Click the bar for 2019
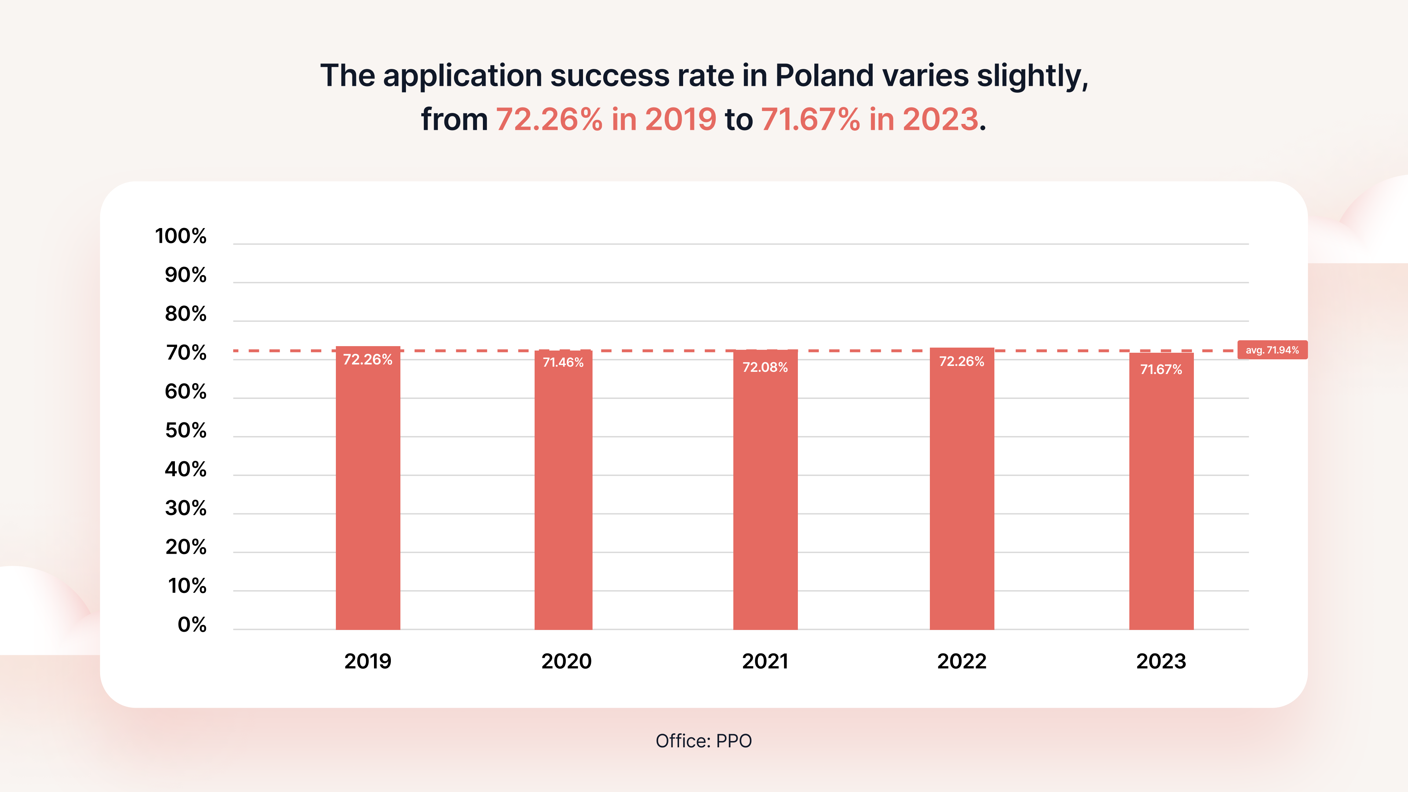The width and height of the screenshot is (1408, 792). (x=368, y=492)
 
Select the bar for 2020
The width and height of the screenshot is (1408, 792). (x=563, y=492)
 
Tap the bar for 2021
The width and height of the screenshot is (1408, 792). (x=765, y=492)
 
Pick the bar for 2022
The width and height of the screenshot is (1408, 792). (x=961, y=492)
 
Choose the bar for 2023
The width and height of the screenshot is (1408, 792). (x=1161, y=492)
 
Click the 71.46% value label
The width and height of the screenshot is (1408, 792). (x=563, y=362)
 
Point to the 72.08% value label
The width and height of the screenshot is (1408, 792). (x=765, y=367)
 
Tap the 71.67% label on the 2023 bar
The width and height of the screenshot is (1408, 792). (x=1161, y=370)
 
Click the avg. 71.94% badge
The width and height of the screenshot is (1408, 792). (x=1272, y=350)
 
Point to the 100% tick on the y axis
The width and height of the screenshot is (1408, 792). (x=181, y=236)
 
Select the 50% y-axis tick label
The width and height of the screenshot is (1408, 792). (x=186, y=431)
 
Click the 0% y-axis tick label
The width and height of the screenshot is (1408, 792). (x=192, y=625)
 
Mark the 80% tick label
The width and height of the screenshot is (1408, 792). (x=186, y=314)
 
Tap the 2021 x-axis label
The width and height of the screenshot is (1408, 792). (x=765, y=661)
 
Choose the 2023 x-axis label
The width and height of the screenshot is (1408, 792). (x=1161, y=661)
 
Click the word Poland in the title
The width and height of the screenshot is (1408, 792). (x=824, y=76)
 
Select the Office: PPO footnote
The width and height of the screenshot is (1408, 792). (x=704, y=741)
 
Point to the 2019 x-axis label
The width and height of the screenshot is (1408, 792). (x=368, y=661)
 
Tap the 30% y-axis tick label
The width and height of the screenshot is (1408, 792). (x=186, y=508)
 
